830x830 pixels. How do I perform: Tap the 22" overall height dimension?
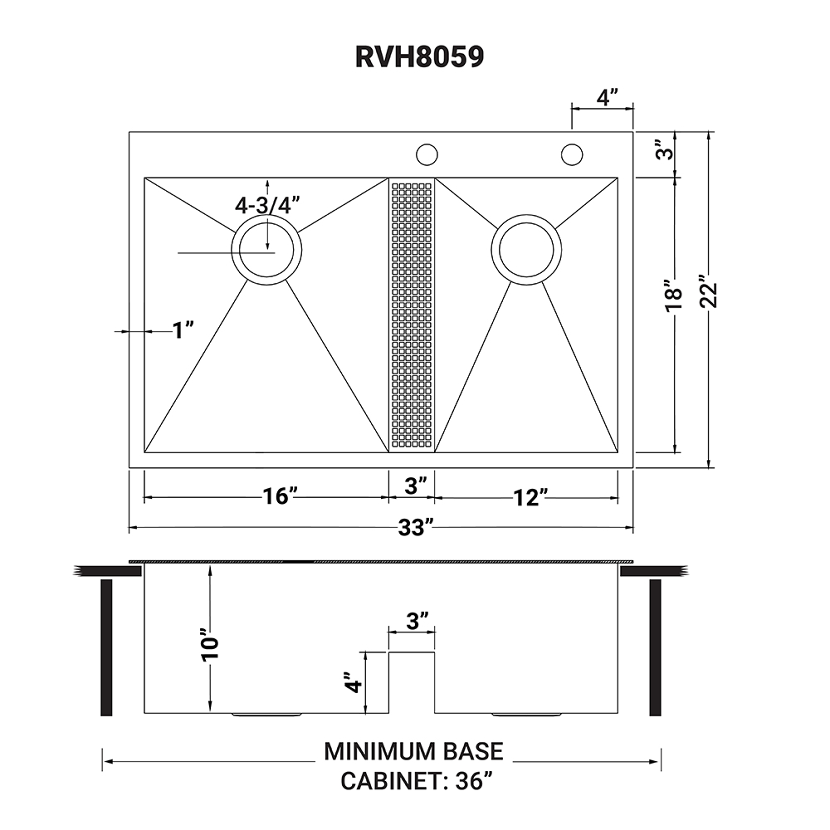[x=708, y=291]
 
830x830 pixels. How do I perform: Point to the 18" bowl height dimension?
[x=674, y=295]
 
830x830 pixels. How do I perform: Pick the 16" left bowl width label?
[x=280, y=496]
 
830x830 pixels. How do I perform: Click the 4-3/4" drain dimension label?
[x=266, y=204]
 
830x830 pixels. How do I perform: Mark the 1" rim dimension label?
[x=183, y=330]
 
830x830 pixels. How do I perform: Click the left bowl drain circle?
[x=266, y=250]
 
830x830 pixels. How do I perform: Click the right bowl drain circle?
[x=526, y=249]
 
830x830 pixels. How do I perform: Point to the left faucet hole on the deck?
[x=427, y=154]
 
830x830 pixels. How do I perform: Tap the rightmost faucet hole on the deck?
[x=571, y=154]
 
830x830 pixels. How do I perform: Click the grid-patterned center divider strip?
[x=412, y=315]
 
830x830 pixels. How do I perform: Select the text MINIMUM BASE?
[x=413, y=751]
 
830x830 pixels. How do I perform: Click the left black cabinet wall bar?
[x=106, y=647]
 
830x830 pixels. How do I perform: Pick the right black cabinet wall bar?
[x=655, y=647]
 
